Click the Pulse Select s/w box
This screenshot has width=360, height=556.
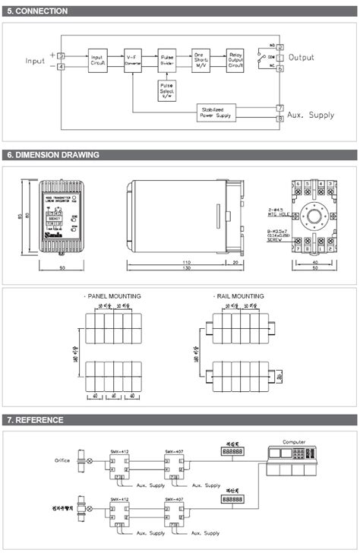pos(167,91)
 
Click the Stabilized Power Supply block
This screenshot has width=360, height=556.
pos(216,113)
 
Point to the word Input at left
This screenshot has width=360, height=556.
pos(36,61)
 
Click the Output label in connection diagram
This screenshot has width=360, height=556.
pos(302,58)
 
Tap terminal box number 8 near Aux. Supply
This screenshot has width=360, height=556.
pos(280,118)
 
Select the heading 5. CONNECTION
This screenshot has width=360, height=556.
pos(37,11)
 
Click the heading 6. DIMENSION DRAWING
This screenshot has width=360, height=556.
pos(53,155)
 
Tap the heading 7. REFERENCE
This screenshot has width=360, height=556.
pos(35,419)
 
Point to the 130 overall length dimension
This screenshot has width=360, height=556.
pos(185,268)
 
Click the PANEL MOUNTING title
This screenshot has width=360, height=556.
pos(112,296)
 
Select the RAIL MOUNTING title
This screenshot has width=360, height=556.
pos(238,296)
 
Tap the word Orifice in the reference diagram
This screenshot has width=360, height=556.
pos(62,460)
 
